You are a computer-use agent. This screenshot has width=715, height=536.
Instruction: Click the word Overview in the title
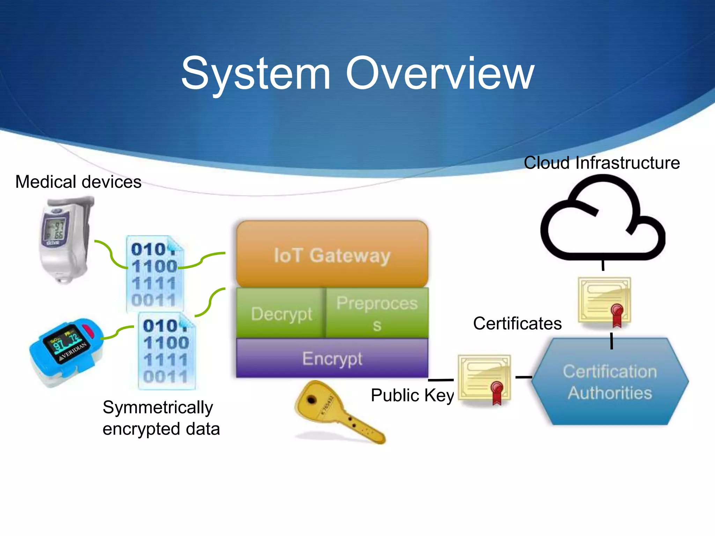(x=440, y=73)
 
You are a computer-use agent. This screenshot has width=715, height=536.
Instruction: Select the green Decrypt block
(x=281, y=313)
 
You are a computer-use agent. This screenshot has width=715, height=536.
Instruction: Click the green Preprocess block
(x=377, y=313)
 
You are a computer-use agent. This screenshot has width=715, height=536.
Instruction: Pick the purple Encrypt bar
(x=332, y=358)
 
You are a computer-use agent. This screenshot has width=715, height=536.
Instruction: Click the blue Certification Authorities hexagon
(x=610, y=382)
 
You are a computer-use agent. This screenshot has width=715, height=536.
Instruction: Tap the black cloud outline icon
(x=602, y=220)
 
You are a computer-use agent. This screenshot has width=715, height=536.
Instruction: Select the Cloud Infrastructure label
(x=602, y=163)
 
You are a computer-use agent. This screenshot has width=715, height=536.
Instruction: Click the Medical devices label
(x=78, y=182)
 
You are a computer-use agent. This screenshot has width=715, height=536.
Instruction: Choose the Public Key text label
(x=412, y=395)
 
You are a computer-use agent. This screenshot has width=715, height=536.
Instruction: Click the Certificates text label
(x=517, y=323)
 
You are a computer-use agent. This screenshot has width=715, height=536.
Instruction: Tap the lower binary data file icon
(x=166, y=351)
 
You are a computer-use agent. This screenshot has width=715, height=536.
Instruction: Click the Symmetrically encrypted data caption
(x=161, y=418)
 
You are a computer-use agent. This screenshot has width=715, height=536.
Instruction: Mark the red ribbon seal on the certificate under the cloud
(x=617, y=314)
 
